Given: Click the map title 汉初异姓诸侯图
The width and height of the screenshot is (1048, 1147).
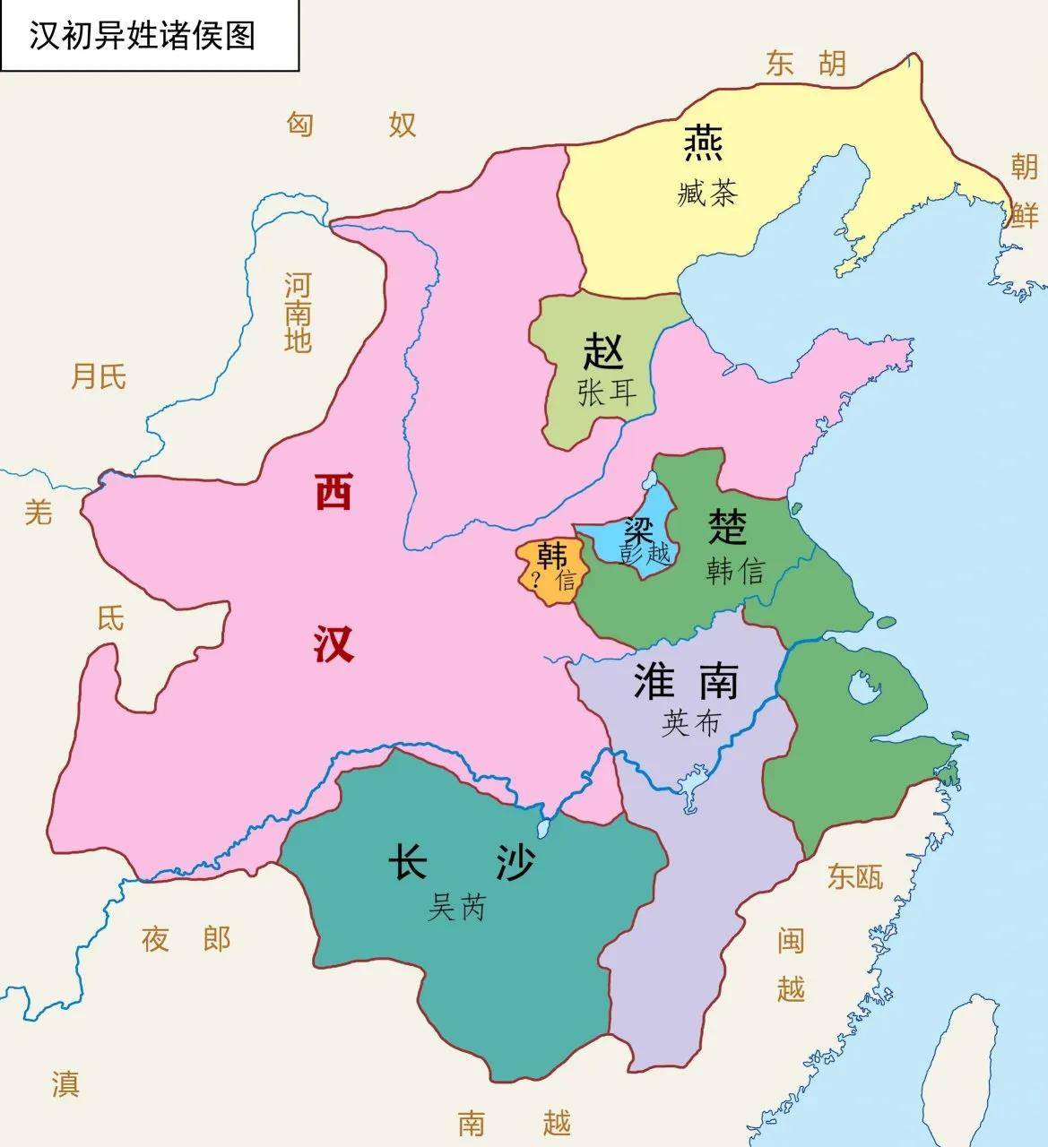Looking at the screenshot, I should (x=143, y=36).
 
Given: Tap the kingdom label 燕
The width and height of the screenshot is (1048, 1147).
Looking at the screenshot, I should (x=704, y=143).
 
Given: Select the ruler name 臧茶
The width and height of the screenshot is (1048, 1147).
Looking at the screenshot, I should (x=707, y=193).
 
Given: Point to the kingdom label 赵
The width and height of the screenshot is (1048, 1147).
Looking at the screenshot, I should (x=603, y=350).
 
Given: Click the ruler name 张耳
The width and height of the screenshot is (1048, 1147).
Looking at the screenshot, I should (x=607, y=392).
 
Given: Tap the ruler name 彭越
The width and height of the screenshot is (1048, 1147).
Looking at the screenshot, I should (x=645, y=552).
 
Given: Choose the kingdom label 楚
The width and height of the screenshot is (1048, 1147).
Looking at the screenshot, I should (x=727, y=526).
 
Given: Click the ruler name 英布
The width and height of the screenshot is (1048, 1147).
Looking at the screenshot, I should (x=690, y=723).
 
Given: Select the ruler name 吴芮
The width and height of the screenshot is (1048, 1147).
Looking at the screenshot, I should (x=456, y=909).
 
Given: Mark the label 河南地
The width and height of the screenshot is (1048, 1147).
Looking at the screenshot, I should (x=298, y=313).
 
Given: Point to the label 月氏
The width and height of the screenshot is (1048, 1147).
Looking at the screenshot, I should (x=99, y=376).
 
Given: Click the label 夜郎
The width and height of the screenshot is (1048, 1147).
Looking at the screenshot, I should (x=186, y=939).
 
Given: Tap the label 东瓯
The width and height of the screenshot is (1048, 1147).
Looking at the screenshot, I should (x=854, y=875).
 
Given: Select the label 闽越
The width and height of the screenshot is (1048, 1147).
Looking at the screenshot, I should (x=791, y=964).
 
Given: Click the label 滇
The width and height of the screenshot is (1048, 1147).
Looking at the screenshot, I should (x=65, y=1082).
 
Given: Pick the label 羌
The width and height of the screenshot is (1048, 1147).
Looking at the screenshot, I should (x=38, y=512).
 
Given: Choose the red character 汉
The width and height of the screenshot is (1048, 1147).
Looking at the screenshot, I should (x=333, y=643).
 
